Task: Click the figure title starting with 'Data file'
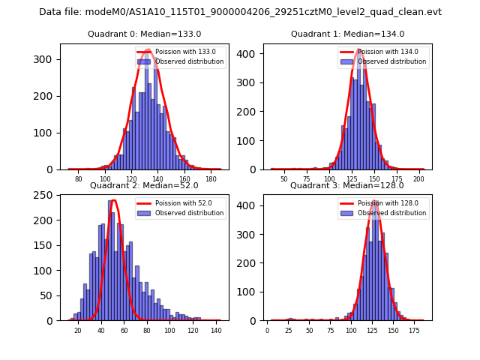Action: [x=240, y=12]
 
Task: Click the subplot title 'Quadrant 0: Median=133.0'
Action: [x=145, y=34]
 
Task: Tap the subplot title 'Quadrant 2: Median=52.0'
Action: [x=145, y=185]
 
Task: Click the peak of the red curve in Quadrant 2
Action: [x=113, y=200]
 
